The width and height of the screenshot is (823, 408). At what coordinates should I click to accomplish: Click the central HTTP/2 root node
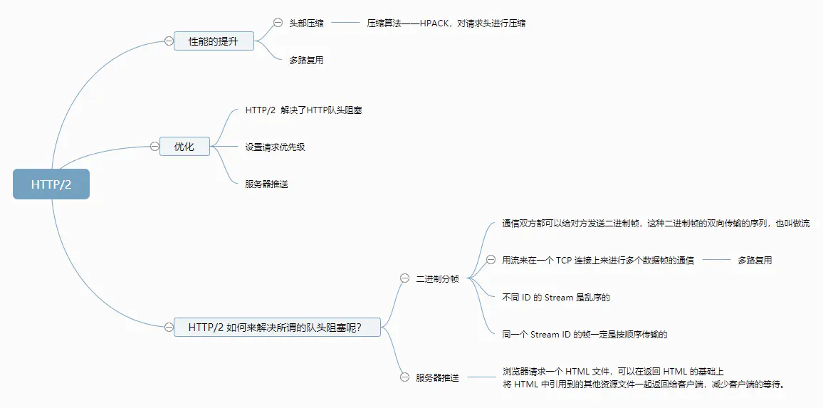pos(51,184)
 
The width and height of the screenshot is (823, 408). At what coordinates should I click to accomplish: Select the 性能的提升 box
pos(214,41)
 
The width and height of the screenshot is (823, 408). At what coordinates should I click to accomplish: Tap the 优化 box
pos(184,147)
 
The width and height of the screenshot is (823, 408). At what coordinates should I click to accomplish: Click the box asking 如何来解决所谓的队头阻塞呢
pos(277,327)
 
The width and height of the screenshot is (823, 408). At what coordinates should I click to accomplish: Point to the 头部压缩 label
pos(306,23)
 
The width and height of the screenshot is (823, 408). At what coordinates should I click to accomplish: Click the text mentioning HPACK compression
pos(446,23)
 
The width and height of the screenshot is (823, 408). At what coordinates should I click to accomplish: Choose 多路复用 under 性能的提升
pos(306,60)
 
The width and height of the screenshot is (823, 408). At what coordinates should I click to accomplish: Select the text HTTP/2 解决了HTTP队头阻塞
pos(304,110)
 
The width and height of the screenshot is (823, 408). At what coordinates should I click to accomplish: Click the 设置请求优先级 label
pos(275,147)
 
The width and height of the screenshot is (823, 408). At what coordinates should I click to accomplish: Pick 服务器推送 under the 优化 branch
pos(267,184)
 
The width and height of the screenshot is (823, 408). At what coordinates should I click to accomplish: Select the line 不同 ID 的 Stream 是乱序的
pos(556,297)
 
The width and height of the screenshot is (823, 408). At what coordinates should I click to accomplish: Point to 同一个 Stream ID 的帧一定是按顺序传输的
pos(585,334)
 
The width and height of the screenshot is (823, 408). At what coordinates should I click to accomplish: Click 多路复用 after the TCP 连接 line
pos(755,260)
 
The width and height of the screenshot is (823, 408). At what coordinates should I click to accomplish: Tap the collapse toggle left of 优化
pos(154,147)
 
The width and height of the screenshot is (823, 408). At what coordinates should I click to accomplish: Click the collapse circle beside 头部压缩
pos(278,23)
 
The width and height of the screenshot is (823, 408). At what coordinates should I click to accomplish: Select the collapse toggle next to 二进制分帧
pos(404,279)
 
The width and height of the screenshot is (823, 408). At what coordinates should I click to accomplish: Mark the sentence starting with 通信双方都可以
pos(656,224)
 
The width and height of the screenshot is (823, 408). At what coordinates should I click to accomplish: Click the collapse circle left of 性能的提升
pos(169,41)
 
